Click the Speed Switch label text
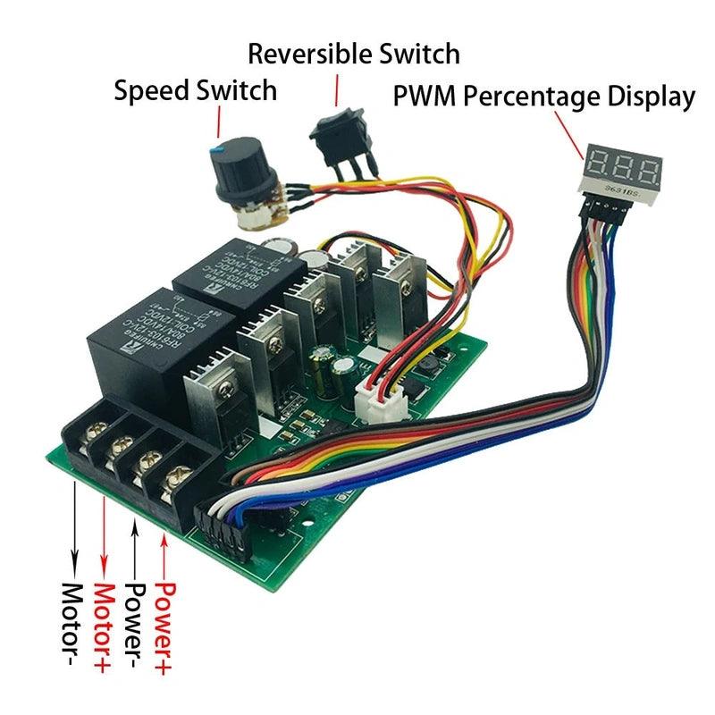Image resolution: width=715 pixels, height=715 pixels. point(195,90)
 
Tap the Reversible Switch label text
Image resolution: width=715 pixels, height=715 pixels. point(354,53)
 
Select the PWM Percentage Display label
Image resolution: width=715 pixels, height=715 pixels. point(544,97)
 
